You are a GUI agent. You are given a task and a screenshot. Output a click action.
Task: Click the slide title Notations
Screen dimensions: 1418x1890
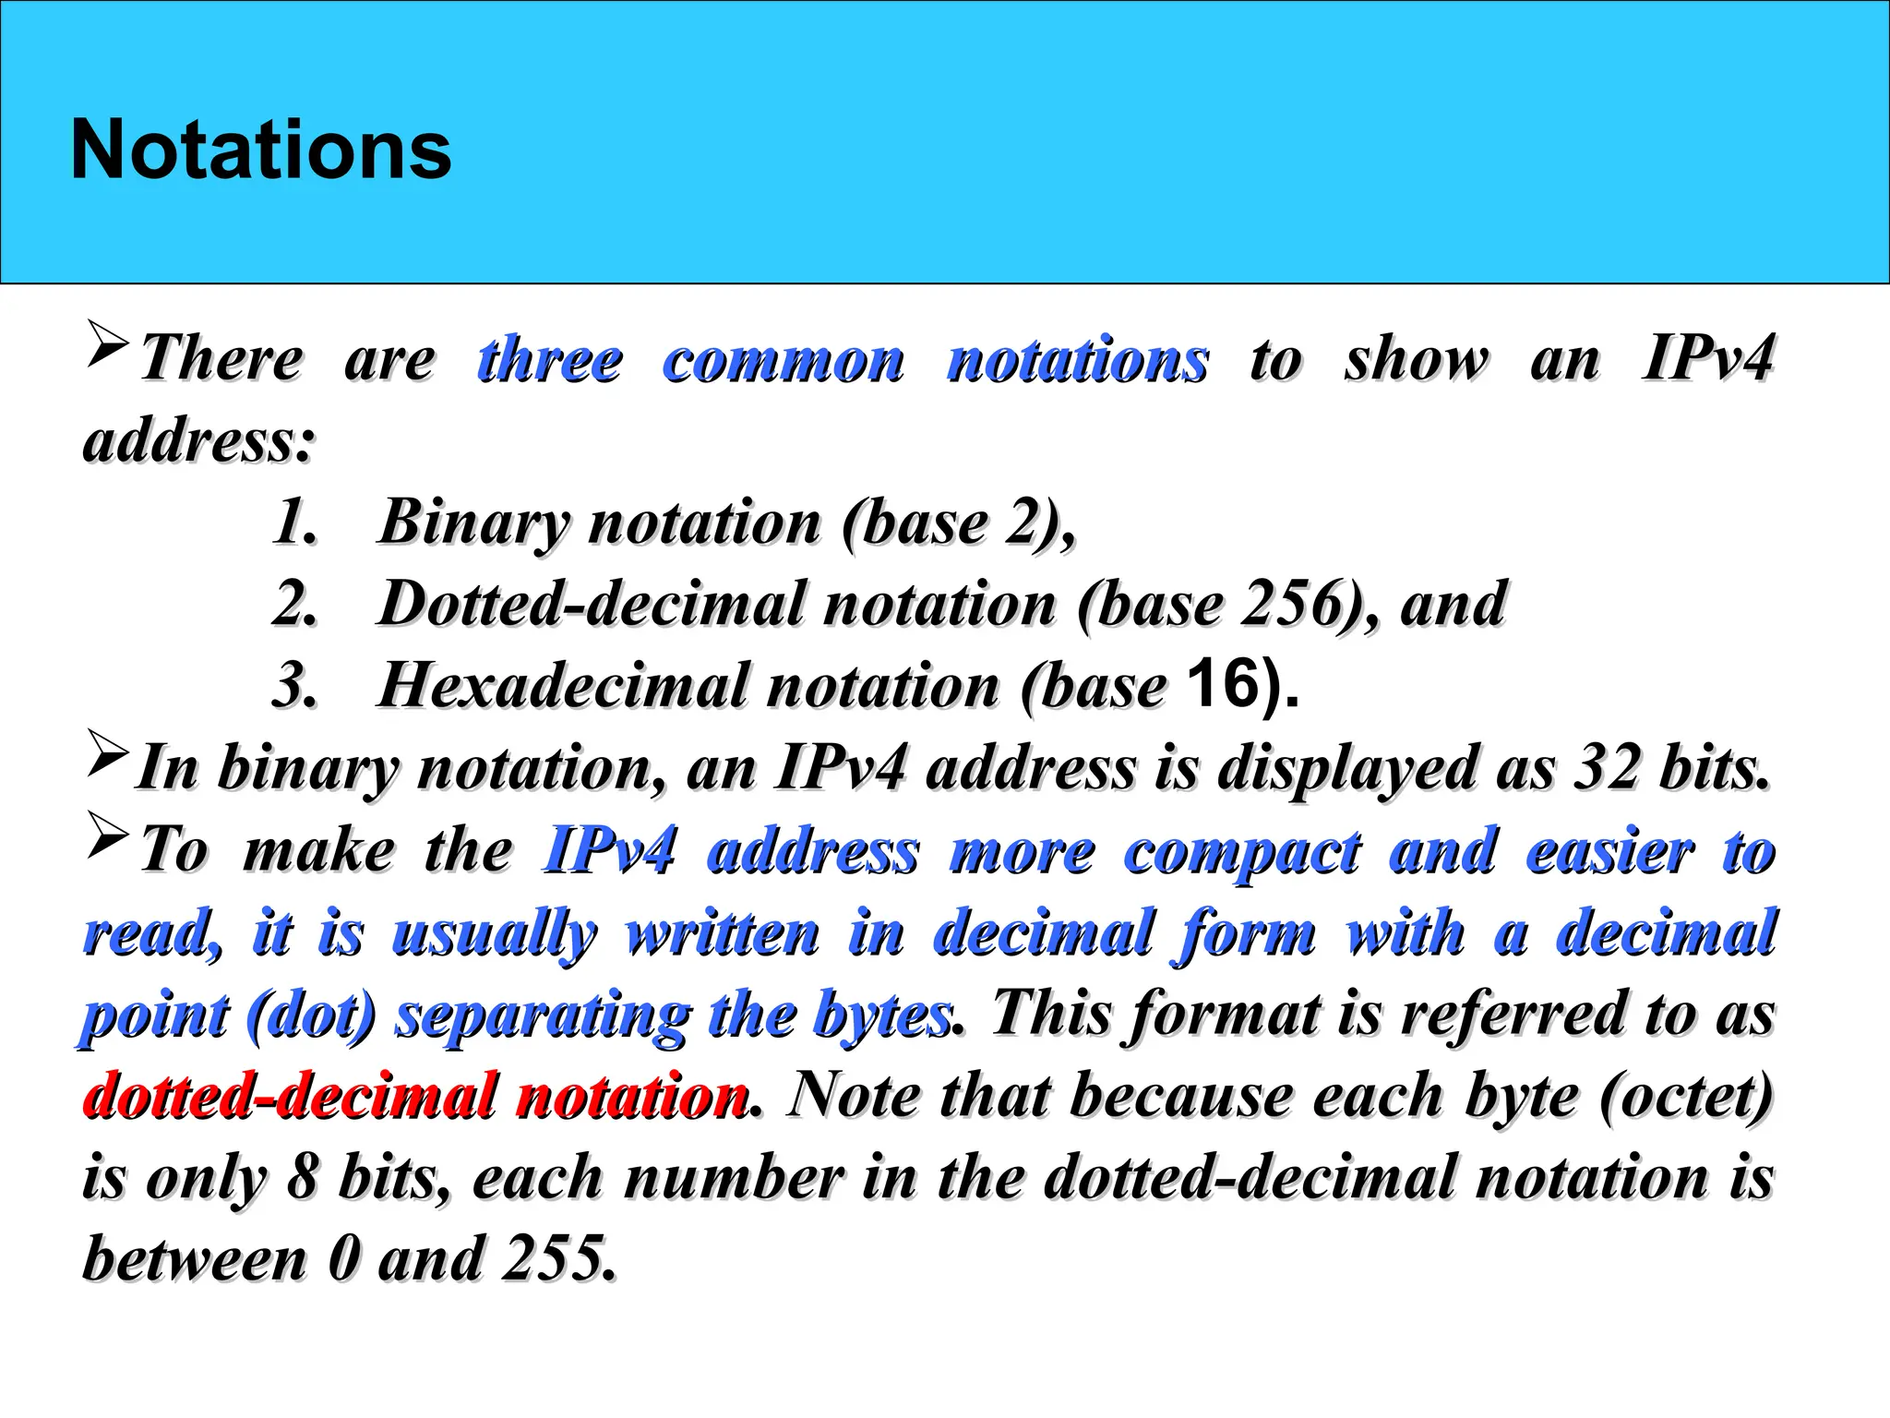point(261,150)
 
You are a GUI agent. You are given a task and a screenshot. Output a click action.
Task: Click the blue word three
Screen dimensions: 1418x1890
point(550,359)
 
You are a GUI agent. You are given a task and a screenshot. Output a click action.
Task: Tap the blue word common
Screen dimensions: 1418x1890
point(784,361)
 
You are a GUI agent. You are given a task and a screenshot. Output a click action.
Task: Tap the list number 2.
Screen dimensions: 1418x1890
point(294,604)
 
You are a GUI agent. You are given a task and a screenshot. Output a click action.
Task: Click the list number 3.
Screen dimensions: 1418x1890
point(294,686)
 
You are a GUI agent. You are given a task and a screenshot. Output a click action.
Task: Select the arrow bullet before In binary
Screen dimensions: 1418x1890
point(107,751)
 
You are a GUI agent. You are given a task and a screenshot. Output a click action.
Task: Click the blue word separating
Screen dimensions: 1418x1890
point(543,1015)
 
